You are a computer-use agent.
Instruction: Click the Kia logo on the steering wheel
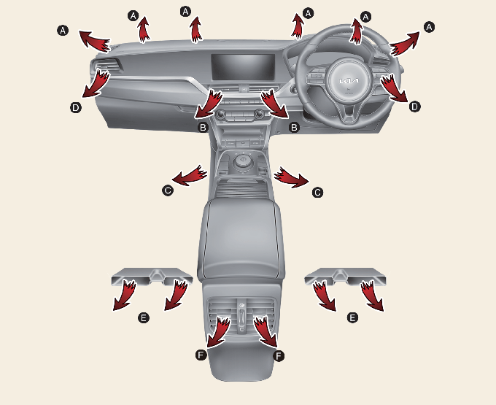pyautogui.click(x=349, y=81)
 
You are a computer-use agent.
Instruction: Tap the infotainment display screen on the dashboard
pyautogui.click(x=243, y=66)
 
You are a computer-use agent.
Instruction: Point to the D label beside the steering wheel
pyautogui.click(x=414, y=107)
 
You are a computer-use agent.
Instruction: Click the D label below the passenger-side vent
pyautogui.click(x=76, y=107)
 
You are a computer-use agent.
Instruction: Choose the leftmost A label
pyautogui.click(x=63, y=31)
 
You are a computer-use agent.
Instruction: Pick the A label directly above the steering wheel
pyautogui.click(x=365, y=16)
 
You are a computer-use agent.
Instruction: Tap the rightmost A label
pyautogui.click(x=429, y=27)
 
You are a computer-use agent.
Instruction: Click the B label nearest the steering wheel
pyautogui.click(x=294, y=127)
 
